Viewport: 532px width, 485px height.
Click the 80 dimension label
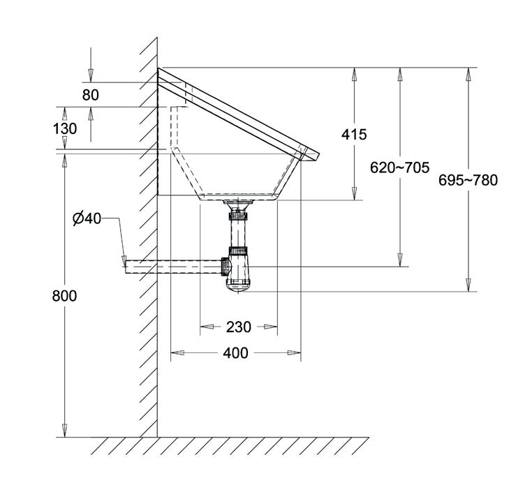point(91,95)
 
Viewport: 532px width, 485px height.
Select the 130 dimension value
point(64,128)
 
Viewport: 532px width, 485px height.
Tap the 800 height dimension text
point(64,296)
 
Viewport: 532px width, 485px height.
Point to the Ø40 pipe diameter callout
point(87,218)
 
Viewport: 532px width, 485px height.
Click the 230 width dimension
point(238,326)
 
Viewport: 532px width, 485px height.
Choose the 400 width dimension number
point(236,353)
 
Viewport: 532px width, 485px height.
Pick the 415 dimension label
point(354,134)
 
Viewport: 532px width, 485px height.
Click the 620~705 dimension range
point(400,167)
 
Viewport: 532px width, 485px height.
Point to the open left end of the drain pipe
point(126,266)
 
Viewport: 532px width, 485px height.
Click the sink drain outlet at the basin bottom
point(238,203)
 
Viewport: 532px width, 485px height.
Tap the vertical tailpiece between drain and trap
point(238,227)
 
